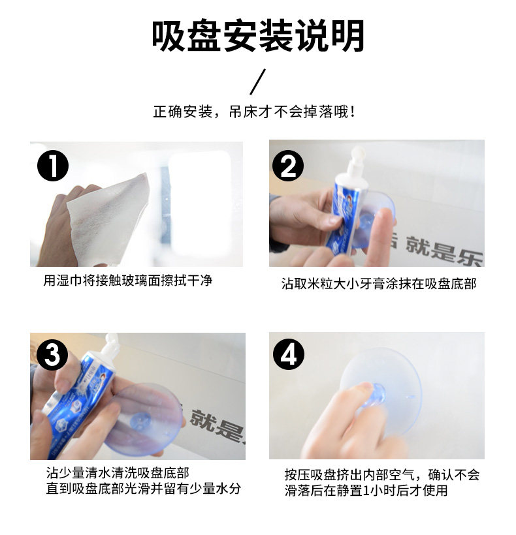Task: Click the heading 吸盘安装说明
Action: pyautogui.click(x=258, y=36)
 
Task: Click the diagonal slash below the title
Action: pyautogui.click(x=257, y=82)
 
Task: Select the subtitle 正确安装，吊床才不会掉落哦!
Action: pyautogui.click(x=255, y=112)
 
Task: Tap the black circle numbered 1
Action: pyautogui.click(x=53, y=166)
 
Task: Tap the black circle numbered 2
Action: pyautogui.click(x=288, y=166)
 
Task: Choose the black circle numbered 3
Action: pyautogui.click(x=52, y=354)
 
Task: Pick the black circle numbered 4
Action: pyautogui.click(x=289, y=354)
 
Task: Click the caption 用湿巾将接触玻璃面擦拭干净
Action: pyautogui.click(x=128, y=281)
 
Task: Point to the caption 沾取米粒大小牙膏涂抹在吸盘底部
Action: pyautogui.click(x=379, y=284)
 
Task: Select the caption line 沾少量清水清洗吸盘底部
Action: pyautogui.click(x=118, y=473)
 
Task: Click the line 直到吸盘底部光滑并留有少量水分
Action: pyautogui.click(x=144, y=488)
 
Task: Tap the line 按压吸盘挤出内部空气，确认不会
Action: pyautogui.click(x=382, y=474)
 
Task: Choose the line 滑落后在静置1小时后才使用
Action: pyautogui.click(x=366, y=490)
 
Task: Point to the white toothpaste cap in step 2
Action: pyautogui.click(x=355, y=160)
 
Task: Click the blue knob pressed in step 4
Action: pyautogui.click(x=376, y=396)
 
